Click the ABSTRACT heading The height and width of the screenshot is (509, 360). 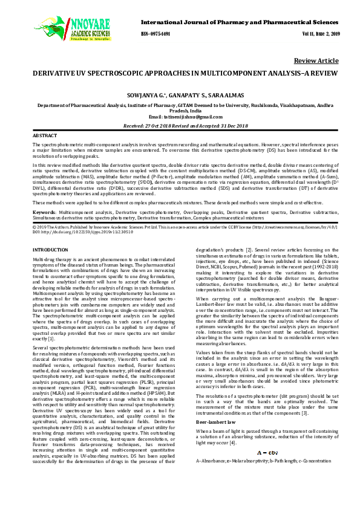pyautogui.click(x=45, y=136)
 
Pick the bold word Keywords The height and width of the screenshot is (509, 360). pyautogui.click(x=44, y=213)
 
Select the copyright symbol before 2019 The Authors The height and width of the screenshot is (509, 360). pyautogui.click(x=34, y=226)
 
